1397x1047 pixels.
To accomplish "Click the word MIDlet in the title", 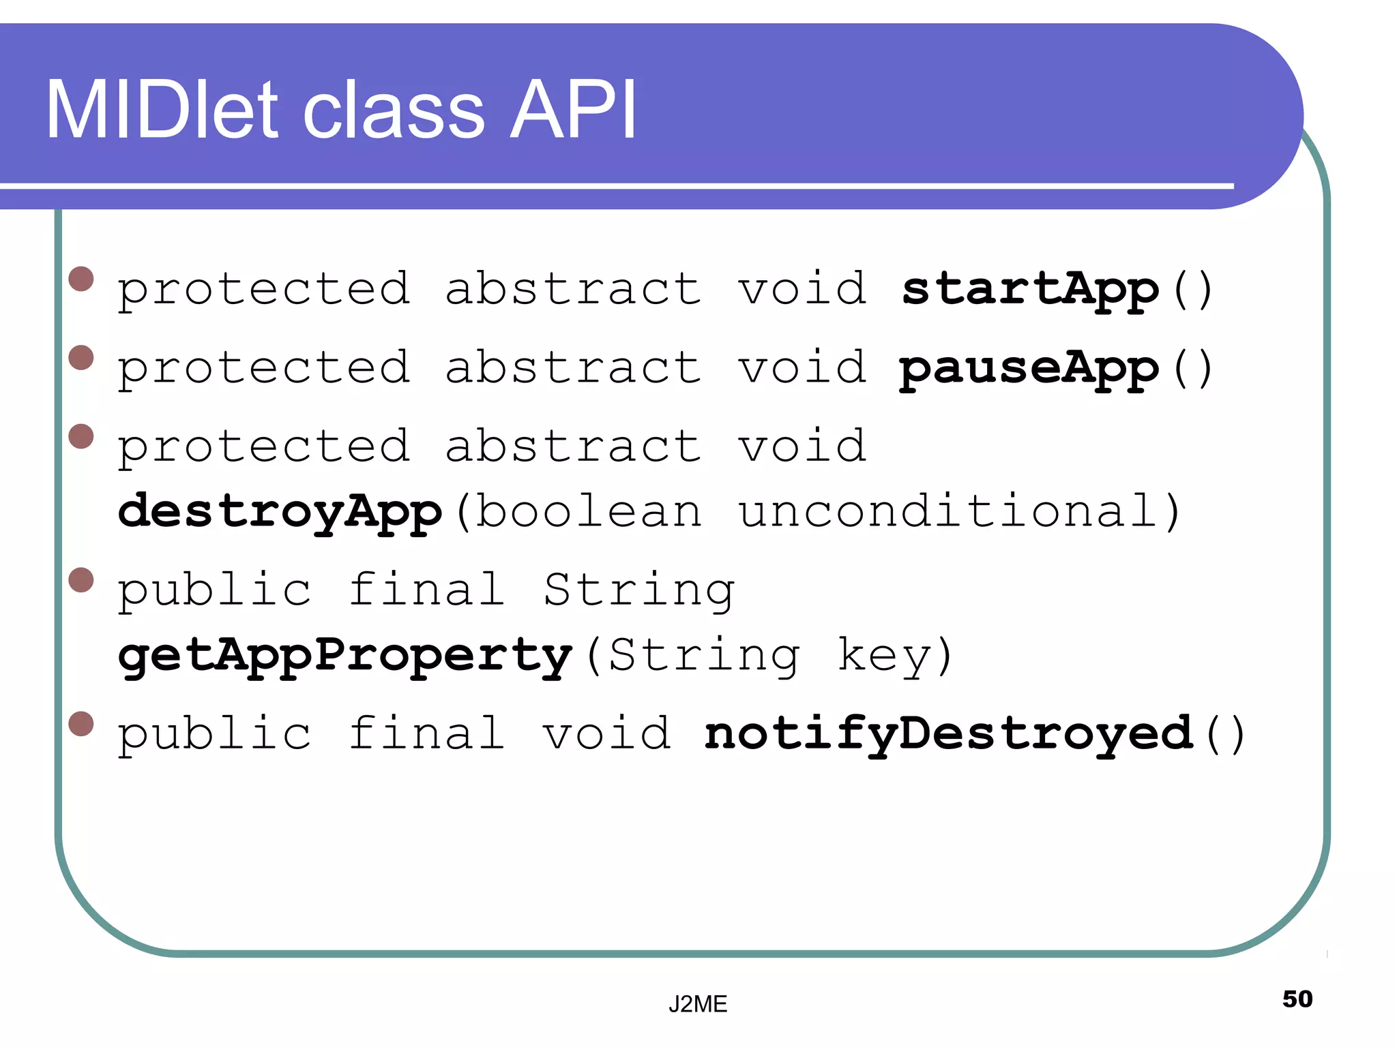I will coord(162,110).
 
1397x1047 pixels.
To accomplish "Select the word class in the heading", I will coord(394,110).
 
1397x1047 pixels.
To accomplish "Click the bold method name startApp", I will coord(1030,290).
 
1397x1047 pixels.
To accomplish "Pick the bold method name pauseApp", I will coord(1029,369).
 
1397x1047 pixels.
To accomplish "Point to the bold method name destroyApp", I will coord(280,511).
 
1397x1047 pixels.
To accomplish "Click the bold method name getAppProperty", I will coord(344,656).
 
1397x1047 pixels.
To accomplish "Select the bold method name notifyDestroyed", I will coord(949,735).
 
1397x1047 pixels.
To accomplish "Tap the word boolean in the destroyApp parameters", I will coord(588,511).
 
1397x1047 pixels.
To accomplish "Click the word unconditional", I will coord(948,511).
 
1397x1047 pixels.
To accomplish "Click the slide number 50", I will coord(1297,999).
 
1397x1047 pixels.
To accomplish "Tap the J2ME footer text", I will coord(698,1004).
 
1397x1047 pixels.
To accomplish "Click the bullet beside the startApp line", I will coord(81,279).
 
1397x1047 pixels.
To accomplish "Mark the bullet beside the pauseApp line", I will coord(81,358).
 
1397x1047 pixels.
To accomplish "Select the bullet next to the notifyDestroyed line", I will coord(81,724).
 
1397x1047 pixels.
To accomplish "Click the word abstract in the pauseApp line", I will coord(572,367).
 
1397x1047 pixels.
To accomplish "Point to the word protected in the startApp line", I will coord(264,290).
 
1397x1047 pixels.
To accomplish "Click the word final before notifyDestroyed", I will coord(426,735).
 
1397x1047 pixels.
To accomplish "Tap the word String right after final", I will coord(639,590).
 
